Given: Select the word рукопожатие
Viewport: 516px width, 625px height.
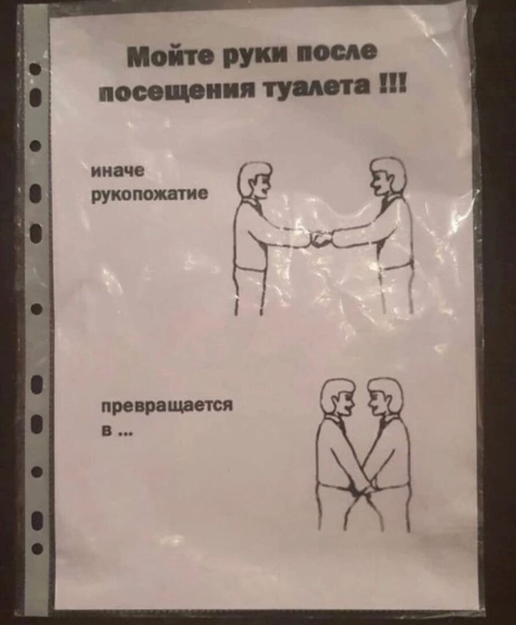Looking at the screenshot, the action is coord(149,194).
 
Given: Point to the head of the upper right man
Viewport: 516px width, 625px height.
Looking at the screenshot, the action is coord(385,176).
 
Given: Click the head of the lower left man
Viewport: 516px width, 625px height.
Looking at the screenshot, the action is coord(337,398).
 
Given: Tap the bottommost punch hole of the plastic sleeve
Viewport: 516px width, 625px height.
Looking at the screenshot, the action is coord(37,549).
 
